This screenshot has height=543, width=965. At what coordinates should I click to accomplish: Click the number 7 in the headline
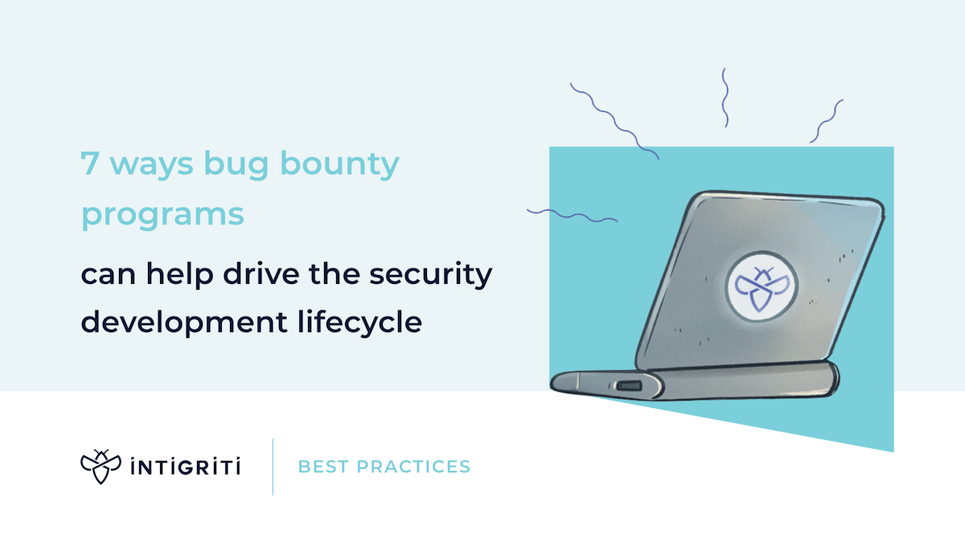(x=89, y=165)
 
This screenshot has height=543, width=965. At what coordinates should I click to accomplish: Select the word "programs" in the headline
(x=162, y=216)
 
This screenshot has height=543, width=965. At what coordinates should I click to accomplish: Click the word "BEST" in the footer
(x=322, y=467)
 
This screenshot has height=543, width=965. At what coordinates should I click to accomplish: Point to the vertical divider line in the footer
(x=273, y=467)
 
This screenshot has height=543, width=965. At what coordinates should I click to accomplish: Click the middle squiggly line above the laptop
(x=725, y=97)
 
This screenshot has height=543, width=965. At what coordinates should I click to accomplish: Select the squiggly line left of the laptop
(x=572, y=215)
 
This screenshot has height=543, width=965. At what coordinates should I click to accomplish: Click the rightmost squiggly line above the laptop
(x=826, y=121)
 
